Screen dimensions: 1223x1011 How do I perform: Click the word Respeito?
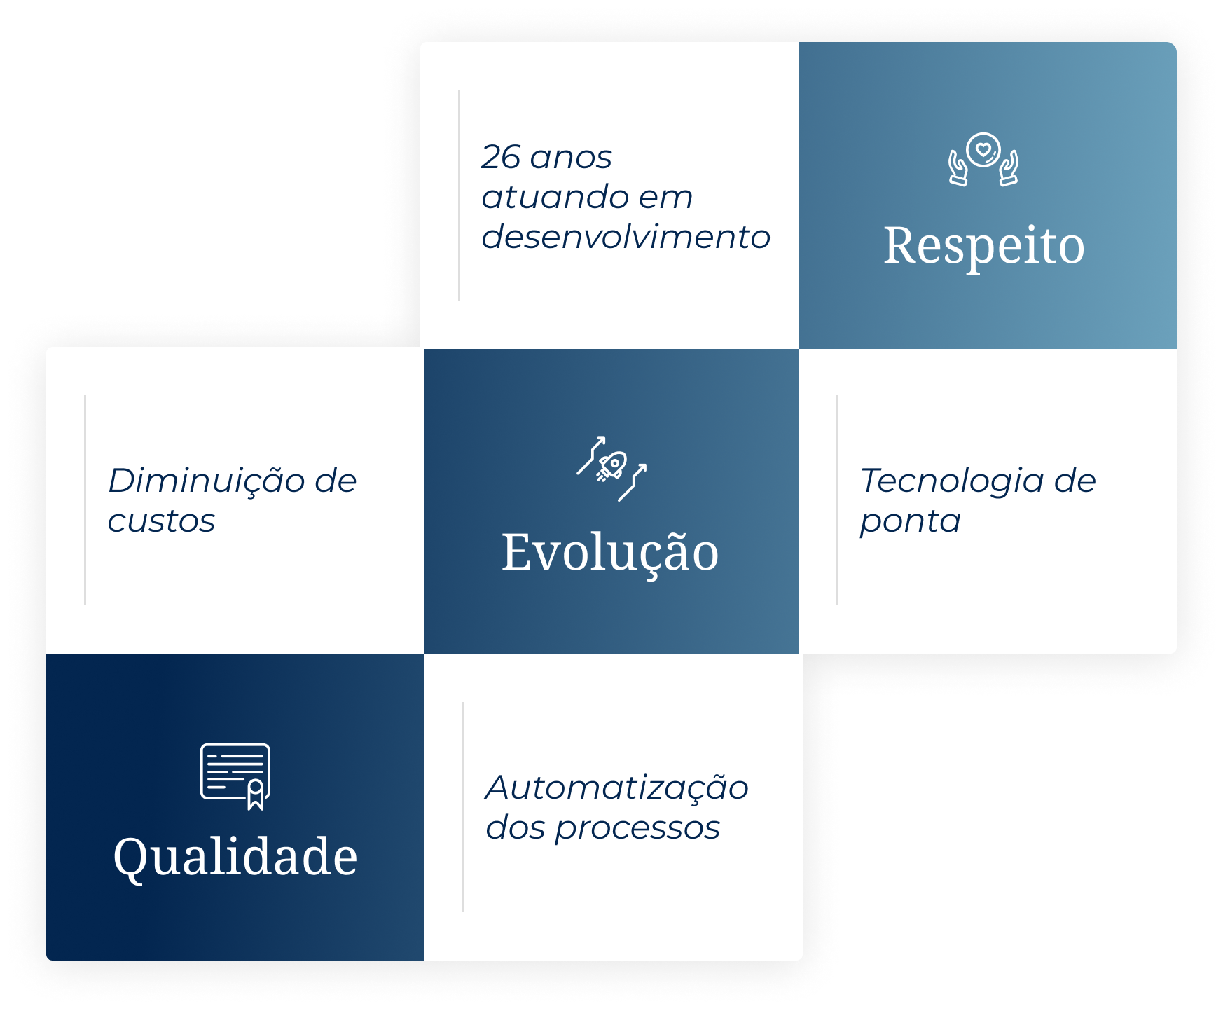[x=984, y=246]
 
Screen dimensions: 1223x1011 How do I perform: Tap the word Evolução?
[x=610, y=553]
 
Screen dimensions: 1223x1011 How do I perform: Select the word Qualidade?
[x=235, y=857]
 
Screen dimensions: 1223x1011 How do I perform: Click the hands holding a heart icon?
[x=983, y=159]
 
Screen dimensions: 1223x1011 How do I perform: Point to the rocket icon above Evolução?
[x=611, y=468]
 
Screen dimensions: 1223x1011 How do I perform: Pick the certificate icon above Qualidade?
[x=235, y=776]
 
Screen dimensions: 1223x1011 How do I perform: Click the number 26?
[x=501, y=157]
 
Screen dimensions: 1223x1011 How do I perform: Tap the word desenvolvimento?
[x=626, y=237]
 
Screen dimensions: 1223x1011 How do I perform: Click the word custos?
[x=161, y=521]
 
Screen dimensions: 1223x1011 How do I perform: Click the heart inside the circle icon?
[x=983, y=149]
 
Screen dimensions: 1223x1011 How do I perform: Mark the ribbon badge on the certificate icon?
[x=256, y=795]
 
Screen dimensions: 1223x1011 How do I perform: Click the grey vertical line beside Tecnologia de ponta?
[x=837, y=500]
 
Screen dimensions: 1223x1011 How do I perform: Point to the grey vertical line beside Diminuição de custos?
[x=85, y=500]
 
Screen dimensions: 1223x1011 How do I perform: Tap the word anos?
[x=571, y=158]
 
